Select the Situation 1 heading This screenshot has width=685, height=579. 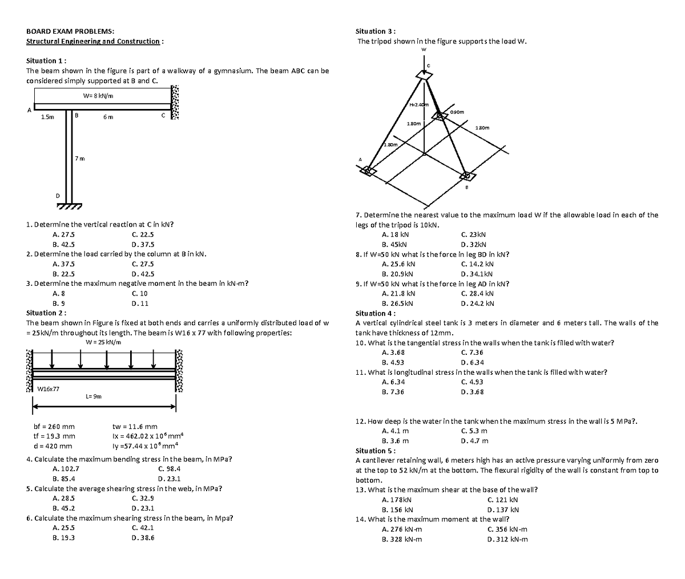47,60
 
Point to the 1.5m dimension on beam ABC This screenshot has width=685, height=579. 47,118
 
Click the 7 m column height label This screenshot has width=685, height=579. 80,158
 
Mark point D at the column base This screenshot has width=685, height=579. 57,196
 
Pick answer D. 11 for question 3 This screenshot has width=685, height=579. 140,303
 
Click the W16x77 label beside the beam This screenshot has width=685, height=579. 48,388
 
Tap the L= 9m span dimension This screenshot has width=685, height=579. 94,396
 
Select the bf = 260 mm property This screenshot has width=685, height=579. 54,426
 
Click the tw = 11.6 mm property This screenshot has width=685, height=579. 135,426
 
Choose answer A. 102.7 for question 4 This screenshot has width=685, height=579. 65,468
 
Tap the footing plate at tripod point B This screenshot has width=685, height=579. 466,176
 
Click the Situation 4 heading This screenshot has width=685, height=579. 375,313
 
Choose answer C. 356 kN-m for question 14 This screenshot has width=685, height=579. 507,529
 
